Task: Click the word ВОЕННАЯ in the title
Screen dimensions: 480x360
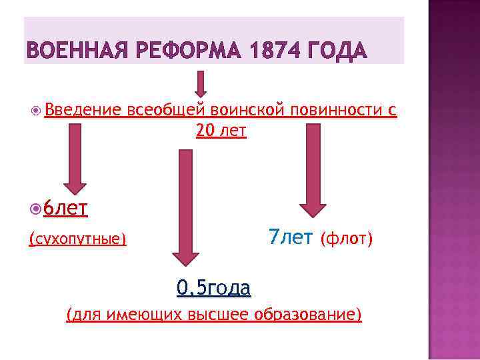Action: (73, 50)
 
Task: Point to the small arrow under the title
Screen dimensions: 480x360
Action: (200, 83)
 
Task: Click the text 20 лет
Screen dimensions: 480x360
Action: (221, 131)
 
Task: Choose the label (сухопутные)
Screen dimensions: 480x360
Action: (77, 239)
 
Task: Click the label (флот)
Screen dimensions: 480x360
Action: (346, 238)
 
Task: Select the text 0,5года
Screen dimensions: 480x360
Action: (213, 288)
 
